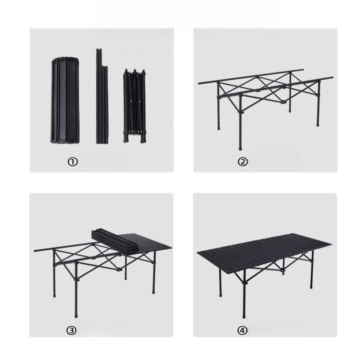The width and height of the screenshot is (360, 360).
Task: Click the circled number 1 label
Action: pyautogui.click(x=72, y=162)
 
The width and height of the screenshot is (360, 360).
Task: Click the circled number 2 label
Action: pyautogui.click(x=243, y=162)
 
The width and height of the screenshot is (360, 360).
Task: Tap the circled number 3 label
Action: pyautogui.click(x=72, y=330)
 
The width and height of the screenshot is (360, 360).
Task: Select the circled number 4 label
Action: pyautogui.click(x=242, y=330)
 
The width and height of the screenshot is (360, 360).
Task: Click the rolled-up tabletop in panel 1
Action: pyautogui.click(x=65, y=100)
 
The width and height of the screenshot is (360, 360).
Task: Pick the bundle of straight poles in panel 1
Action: pyautogui.click(x=102, y=96)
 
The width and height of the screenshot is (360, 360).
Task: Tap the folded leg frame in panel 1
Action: pyautogui.click(x=135, y=106)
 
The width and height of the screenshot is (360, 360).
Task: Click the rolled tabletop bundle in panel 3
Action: pyautogui.click(x=115, y=242)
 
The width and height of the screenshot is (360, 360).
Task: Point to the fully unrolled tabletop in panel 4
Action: pyautogui.click(x=264, y=253)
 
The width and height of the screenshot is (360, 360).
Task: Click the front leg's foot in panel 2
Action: pyautogui.click(x=240, y=148)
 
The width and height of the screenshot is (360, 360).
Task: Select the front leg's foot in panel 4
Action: pyautogui.click(x=244, y=316)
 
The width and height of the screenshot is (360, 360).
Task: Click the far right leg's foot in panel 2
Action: pyautogui.click(x=318, y=124)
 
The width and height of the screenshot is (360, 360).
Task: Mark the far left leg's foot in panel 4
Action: pyautogui.click(x=220, y=295)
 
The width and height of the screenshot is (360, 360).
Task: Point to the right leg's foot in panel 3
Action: pyautogui.click(x=153, y=292)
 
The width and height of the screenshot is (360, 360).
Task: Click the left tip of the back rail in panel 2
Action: pyautogui.click(x=199, y=83)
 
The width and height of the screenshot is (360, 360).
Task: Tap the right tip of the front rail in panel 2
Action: pyautogui.click(x=332, y=77)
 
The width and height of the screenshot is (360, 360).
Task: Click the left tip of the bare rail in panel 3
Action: pyautogui.click(x=35, y=251)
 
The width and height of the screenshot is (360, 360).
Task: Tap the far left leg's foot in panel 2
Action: pyautogui.click(x=219, y=128)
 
